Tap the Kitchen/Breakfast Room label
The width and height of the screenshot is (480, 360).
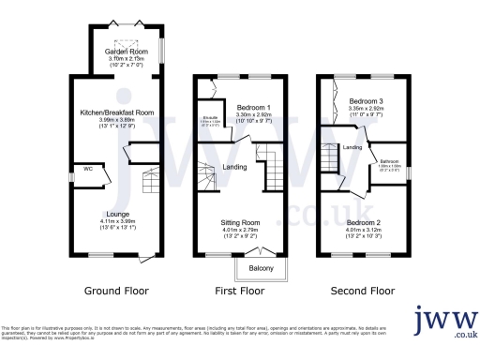117,112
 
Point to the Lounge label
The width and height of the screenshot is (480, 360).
117,214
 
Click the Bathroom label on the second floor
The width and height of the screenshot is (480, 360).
389,162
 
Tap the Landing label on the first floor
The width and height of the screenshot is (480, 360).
234,167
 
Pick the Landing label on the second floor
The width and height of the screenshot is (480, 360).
352,147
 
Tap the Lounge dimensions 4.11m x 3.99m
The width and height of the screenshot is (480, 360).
117,222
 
